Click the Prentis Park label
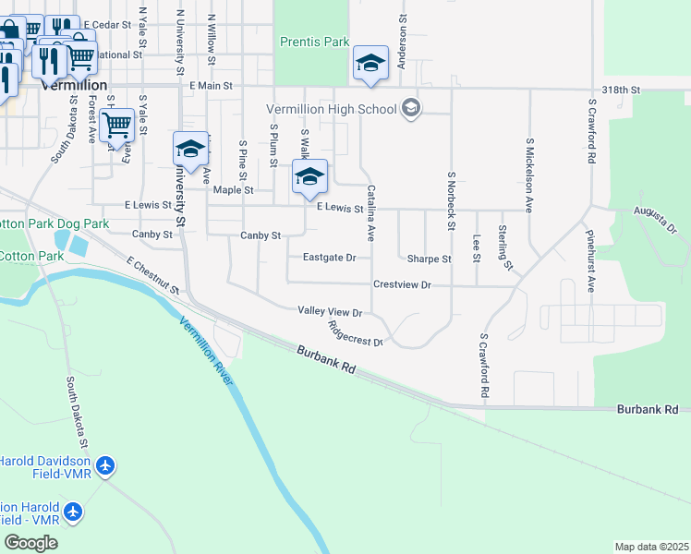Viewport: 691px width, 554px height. [x=315, y=42]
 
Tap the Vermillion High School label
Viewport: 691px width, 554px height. [x=332, y=109]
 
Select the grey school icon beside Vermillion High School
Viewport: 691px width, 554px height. [x=412, y=109]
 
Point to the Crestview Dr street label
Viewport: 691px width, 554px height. [x=402, y=285]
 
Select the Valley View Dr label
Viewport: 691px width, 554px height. [x=330, y=313]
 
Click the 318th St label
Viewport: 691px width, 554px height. [x=620, y=90]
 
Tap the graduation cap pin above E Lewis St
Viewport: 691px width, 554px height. [x=309, y=177]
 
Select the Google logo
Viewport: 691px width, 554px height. [x=30, y=543]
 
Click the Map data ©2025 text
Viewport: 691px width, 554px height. [x=651, y=547]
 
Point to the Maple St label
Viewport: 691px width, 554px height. [x=233, y=190]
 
